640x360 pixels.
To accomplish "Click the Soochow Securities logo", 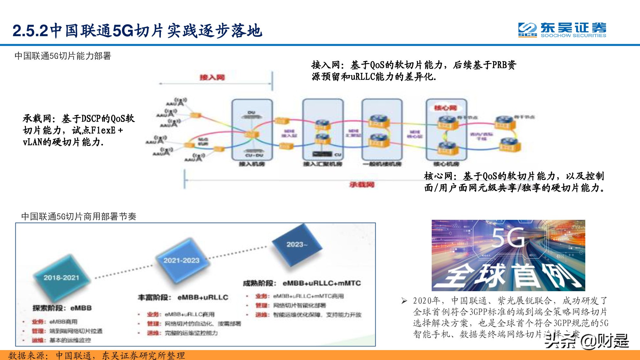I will (562, 30).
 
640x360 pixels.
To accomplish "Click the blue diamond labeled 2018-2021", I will (61, 277).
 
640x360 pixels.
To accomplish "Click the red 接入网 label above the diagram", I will (212, 77).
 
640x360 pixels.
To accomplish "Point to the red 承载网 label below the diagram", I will (362, 185).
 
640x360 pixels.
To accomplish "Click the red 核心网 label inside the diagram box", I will (445, 108).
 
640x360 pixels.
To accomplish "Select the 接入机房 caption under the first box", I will (252, 164).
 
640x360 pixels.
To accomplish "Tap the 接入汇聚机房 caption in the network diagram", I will (323, 164).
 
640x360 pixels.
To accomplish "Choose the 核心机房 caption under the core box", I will (446, 164).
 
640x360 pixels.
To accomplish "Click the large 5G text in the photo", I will (508, 237).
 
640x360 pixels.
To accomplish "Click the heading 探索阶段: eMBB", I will (62, 308).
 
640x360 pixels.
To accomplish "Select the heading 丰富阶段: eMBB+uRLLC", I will (183, 297).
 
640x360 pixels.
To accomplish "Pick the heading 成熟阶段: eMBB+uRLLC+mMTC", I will (302, 283).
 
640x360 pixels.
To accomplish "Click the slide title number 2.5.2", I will (30, 31).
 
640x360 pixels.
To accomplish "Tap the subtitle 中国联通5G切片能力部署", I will (63, 56).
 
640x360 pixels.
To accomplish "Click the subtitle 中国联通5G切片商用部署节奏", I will (79, 217).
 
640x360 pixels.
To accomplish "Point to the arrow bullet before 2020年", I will (404, 300).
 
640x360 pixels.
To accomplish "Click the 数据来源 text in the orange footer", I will (28, 356).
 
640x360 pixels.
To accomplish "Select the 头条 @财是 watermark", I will (587, 341).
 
